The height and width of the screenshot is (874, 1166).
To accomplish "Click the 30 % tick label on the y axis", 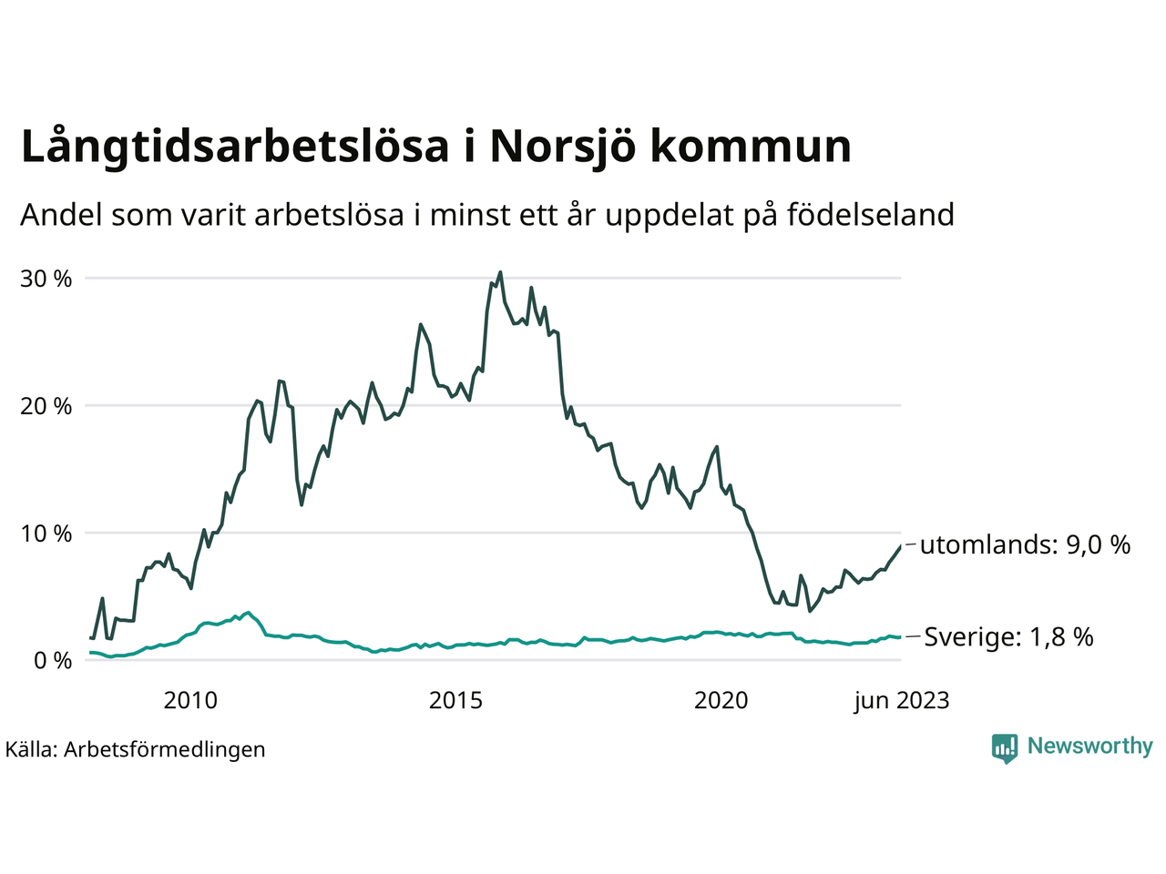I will (46, 279).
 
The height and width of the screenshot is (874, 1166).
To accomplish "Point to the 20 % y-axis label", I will (46, 406).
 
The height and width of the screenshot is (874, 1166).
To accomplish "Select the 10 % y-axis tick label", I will (46, 534).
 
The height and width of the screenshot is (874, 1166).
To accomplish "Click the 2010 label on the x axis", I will (190, 700).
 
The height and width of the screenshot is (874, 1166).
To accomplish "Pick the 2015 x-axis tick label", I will (456, 700).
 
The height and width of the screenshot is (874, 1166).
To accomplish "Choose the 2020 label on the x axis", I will (721, 700).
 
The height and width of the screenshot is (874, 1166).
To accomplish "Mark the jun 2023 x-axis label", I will (901, 700).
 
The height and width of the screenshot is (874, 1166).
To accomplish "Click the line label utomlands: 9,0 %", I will (1025, 545).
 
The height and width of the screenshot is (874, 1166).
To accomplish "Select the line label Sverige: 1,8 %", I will (1008, 637).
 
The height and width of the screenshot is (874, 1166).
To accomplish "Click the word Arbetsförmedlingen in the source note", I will (165, 749).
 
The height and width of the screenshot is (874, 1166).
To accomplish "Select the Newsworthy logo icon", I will (1005, 748).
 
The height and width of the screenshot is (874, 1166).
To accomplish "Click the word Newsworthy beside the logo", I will (1089, 747).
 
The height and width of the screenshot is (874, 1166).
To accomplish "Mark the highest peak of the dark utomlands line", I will (500, 271).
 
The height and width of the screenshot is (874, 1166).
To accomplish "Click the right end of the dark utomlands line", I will (901, 546).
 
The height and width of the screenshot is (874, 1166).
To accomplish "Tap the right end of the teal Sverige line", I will (901, 637).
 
